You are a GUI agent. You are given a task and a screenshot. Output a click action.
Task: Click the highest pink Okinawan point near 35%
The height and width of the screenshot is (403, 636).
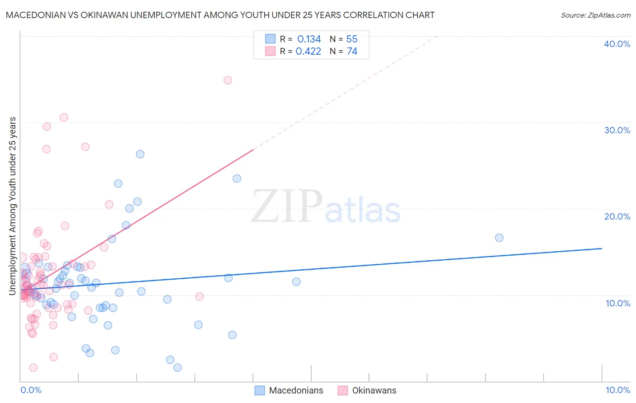point(228,80)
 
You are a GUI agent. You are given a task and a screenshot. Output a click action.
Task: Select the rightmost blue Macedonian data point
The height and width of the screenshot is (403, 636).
point(499,238)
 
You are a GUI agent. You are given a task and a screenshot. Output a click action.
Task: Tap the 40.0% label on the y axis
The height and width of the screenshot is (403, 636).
point(617,44)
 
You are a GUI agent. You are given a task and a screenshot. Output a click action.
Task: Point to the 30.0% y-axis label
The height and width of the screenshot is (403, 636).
point(617,130)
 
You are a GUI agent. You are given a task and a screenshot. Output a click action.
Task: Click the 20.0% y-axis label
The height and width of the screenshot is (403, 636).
point(617,216)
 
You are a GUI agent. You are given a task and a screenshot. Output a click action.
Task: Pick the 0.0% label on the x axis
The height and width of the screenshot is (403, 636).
point(31,390)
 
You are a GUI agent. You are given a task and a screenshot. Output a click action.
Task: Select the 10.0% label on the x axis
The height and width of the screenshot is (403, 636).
point(617,390)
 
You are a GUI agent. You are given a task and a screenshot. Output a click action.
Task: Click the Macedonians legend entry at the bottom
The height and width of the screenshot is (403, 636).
point(296,390)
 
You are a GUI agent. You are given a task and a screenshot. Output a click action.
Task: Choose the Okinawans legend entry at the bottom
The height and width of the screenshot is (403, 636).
point(374,390)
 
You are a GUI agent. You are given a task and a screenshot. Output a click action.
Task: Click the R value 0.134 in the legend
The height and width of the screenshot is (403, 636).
point(309,39)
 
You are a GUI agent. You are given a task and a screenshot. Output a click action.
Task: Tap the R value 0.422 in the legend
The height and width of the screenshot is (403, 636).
point(308,52)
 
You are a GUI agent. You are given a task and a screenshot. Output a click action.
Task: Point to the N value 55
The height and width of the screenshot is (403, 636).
point(351,39)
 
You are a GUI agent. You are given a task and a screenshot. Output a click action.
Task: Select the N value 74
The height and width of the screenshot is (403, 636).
point(352,52)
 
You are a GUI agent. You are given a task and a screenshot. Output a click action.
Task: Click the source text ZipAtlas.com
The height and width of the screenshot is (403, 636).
point(595,15)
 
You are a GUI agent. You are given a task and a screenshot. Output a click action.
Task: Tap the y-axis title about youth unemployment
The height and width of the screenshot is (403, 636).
point(13,206)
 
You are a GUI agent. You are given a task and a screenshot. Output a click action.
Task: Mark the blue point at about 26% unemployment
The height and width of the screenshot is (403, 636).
point(140,154)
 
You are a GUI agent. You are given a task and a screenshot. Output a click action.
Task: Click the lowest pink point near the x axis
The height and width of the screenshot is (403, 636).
point(33,368)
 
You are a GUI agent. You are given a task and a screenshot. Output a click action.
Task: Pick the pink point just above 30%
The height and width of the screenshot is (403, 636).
point(64,117)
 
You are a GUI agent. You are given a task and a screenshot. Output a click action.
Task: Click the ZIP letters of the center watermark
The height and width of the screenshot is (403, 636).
point(287,206)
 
